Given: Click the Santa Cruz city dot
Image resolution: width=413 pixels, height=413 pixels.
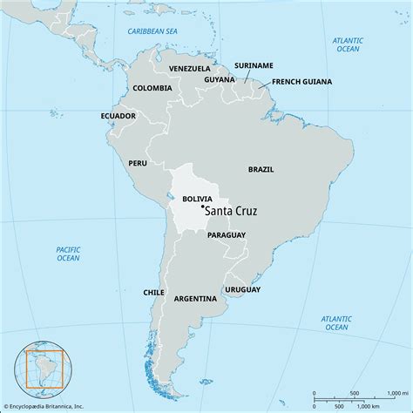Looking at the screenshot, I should [202, 206].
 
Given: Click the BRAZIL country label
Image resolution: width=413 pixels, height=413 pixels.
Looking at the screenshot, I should [261, 169].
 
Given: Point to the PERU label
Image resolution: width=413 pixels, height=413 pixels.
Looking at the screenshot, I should [138, 163].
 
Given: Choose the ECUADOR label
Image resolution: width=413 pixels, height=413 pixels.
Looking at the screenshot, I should [118, 115].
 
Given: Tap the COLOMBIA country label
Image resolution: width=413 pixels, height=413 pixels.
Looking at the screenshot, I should [152, 88].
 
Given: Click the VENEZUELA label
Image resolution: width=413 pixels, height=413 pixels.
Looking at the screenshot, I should [190, 68].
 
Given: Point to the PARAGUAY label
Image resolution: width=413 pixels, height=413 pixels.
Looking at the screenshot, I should [227, 235].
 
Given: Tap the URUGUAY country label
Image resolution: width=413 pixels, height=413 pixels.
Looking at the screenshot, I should [243, 288].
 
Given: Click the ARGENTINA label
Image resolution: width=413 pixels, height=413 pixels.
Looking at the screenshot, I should [195, 298].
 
